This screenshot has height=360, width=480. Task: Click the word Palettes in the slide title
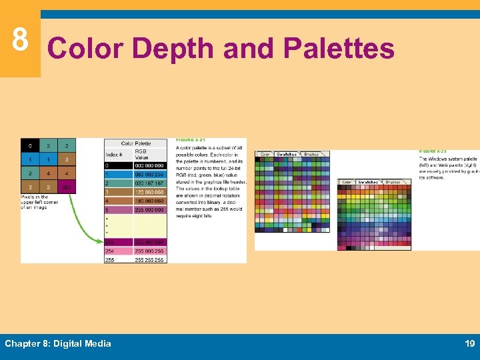(339, 49)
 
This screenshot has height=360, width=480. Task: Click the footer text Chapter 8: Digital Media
(58, 343)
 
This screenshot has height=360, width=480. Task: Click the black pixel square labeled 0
(29, 145)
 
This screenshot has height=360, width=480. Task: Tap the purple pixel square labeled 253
(67, 187)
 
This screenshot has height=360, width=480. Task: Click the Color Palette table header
(135, 143)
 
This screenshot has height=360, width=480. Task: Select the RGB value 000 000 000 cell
(150, 165)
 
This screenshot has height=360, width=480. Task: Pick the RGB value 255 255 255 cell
(150, 259)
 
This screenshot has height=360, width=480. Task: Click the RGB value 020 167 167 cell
(150, 183)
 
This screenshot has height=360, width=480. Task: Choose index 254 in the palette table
(109, 251)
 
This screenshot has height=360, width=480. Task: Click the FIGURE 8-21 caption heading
(190, 140)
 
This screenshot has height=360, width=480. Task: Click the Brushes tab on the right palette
(393, 181)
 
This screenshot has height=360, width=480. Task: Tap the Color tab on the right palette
(347, 181)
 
